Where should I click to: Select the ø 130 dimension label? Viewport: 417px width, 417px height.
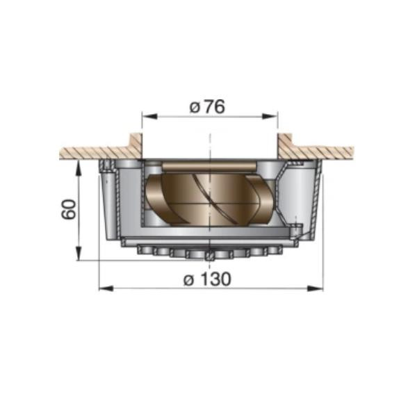208,279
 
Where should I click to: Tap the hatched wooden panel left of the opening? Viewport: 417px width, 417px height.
90,152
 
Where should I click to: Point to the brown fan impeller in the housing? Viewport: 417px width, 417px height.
208,198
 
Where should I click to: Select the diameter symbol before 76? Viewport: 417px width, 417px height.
195,108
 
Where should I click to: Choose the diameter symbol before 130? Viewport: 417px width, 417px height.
188,279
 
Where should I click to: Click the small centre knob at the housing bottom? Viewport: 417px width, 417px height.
209,256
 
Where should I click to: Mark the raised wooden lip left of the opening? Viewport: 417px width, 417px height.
136,143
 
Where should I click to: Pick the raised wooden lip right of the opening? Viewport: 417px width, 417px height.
285,143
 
